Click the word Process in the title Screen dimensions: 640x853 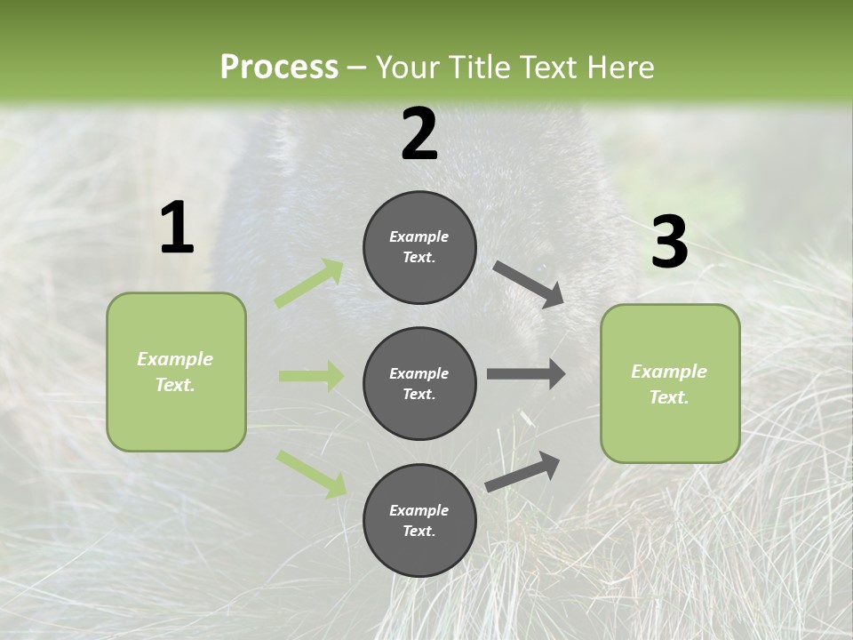(x=279, y=68)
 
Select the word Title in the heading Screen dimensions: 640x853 (x=475, y=68)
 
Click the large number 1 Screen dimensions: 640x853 (x=177, y=228)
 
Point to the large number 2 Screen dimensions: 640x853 (x=419, y=134)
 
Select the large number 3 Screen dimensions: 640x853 (x=669, y=243)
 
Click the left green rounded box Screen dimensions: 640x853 (x=176, y=372)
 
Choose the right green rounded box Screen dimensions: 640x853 (x=670, y=383)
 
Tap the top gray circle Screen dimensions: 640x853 (x=419, y=247)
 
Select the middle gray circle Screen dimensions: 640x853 (x=419, y=383)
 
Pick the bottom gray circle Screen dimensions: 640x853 (x=419, y=520)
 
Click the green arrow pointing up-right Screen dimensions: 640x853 (x=309, y=284)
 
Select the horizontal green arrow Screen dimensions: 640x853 (x=311, y=376)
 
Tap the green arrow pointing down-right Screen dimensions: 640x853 (x=311, y=474)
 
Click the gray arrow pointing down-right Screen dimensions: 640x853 (x=529, y=284)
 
